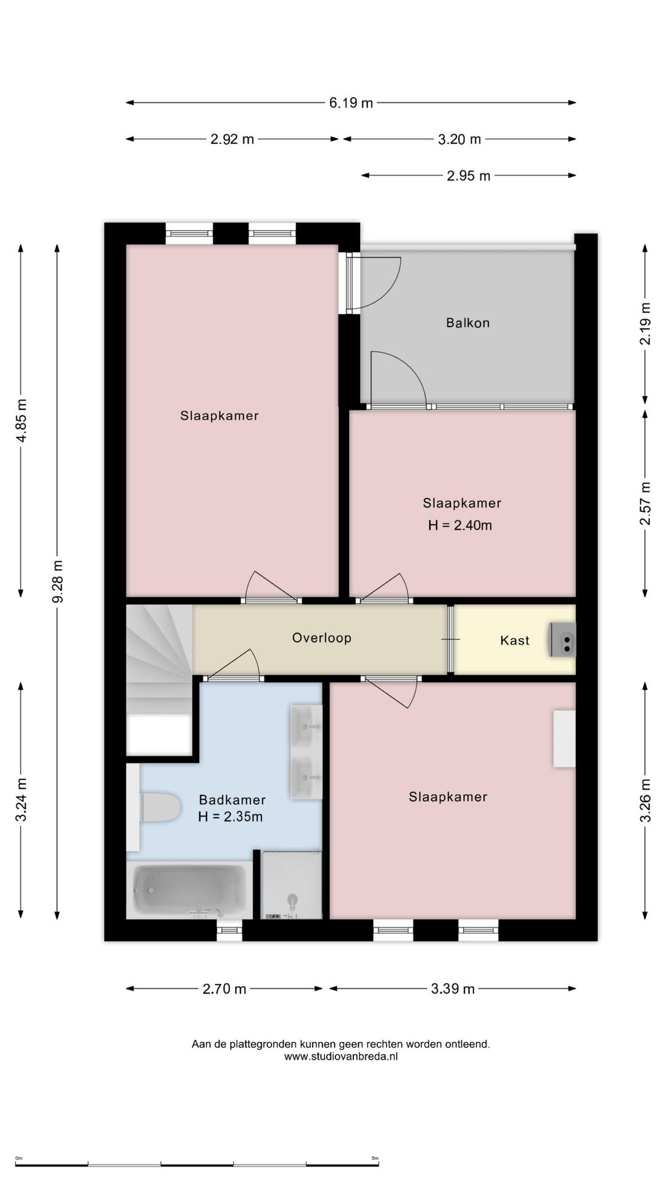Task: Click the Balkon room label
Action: click(467, 323)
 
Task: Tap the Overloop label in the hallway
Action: click(321, 638)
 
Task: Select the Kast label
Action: click(514, 641)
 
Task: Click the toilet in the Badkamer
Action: click(160, 808)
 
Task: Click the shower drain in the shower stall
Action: click(292, 899)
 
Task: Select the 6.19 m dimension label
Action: click(351, 103)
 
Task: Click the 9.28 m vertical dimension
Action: click(57, 581)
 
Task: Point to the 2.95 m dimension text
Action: click(468, 176)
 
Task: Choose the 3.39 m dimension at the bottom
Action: click(453, 989)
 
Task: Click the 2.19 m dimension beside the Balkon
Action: click(645, 323)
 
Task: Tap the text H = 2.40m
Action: click(460, 526)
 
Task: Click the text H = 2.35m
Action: click(231, 817)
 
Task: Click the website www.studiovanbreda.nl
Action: click(340, 1057)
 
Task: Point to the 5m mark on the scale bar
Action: click(374, 1158)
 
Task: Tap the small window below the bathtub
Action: click(229, 930)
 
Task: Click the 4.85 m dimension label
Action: click(21, 420)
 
